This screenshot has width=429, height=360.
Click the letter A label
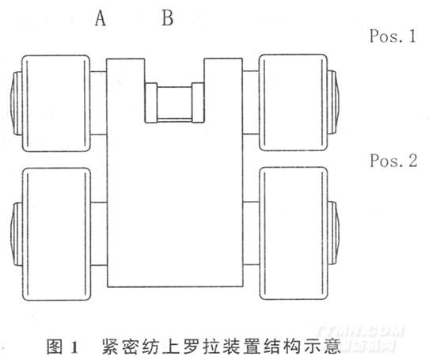coord(101,19)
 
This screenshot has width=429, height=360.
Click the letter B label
coord(168,18)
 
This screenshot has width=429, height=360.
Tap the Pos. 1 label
coord(393,36)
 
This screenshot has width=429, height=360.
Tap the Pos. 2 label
coord(393,161)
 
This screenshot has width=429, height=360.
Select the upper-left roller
coord(56,103)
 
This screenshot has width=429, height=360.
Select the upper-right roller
coord(294,102)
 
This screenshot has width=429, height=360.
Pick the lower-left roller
coord(56,234)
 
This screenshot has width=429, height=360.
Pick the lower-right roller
coord(294,233)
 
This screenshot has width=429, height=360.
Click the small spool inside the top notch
coord(174,103)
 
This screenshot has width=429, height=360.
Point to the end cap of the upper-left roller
coord(17,103)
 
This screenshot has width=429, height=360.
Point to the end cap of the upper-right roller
coord(333,102)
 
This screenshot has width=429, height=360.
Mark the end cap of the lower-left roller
coord(17,234)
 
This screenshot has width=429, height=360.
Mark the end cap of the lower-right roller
coord(333,233)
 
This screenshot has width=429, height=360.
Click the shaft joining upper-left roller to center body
coord(98,103)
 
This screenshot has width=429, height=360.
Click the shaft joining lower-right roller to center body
coord(251,233)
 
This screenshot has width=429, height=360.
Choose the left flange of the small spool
coord(150,103)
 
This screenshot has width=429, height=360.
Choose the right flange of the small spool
coord(198,103)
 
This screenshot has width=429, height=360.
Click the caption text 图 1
coord(63,347)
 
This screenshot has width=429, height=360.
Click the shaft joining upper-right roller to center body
coord(251,102)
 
